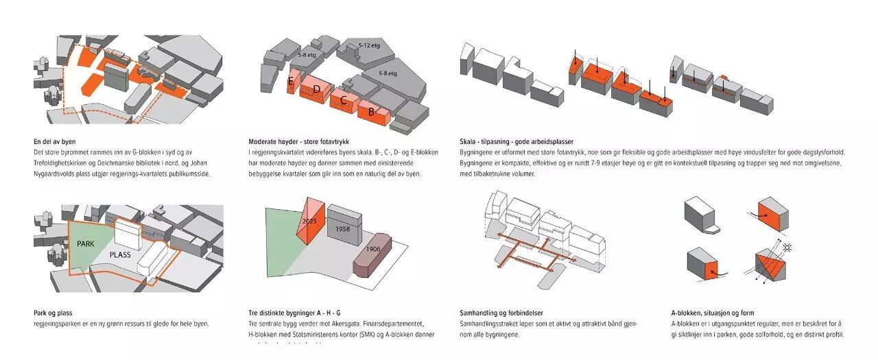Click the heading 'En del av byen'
pos(54,142)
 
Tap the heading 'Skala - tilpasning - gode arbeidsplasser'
pos(517,142)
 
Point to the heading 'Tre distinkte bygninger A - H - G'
pos(300,313)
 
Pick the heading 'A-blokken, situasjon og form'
pos(712,313)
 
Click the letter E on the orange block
pos(291,83)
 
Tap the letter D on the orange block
pos(316,89)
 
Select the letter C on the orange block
pos(343,100)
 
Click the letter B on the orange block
pos(371,111)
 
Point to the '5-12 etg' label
pos(368,46)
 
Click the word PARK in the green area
pos(86,243)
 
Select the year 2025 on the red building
pos(310,221)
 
